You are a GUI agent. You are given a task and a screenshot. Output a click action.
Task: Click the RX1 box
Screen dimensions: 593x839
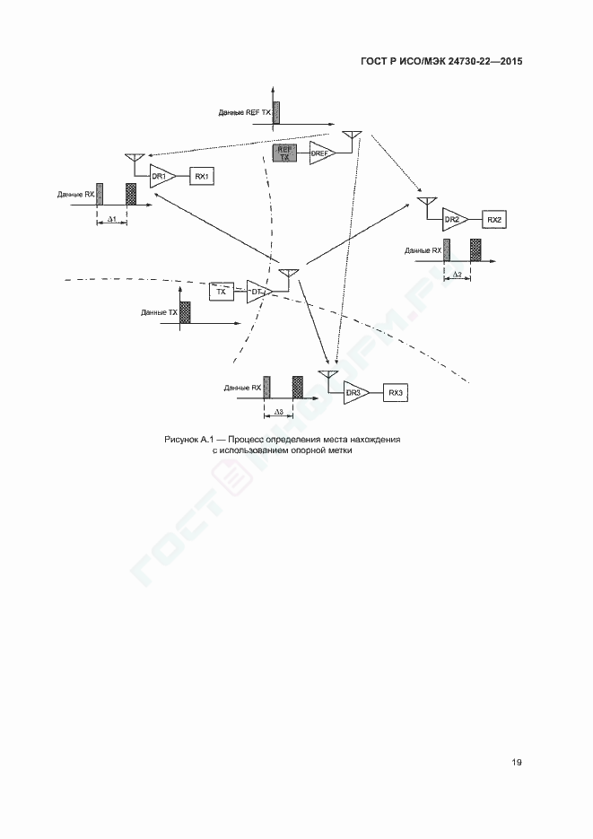pyautogui.click(x=202, y=176)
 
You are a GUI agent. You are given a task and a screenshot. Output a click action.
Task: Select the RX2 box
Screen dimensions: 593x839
pyautogui.click(x=494, y=219)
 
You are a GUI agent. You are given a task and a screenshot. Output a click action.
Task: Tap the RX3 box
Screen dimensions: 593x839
pyautogui.click(x=396, y=393)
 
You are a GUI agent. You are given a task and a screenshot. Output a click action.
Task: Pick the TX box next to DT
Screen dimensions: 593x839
pyautogui.click(x=222, y=293)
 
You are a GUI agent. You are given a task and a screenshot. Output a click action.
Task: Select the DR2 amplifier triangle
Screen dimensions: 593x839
pyautogui.click(x=455, y=219)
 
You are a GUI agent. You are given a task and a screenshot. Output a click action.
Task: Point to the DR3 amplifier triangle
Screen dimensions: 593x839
pyautogui.click(x=355, y=393)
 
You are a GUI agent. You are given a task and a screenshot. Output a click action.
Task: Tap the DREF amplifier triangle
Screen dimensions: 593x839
pyautogui.click(x=322, y=153)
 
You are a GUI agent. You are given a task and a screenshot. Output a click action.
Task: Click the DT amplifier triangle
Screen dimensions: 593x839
pyautogui.click(x=258, y=292)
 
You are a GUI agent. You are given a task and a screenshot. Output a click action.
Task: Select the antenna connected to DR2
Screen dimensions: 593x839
pyautogui.click(x=427, y=205)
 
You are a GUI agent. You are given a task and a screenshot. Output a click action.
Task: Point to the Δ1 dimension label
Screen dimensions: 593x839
pyautogui.click(x=112, y=219)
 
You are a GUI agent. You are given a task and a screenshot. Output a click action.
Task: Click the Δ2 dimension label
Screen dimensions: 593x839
pyautogui.click(x=458, y=275)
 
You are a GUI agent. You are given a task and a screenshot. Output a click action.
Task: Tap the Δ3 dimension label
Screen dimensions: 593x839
pyautogui.click(x=279, y=412)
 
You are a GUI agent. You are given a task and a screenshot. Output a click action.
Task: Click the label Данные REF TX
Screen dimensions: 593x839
pyautogui.click(x=245, y=113)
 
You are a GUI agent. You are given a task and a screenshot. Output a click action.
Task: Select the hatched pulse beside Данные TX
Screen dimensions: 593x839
pyautogui.click(x=185, y=311)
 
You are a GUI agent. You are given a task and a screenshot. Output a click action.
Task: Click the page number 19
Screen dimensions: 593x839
pyautogui.click(x=517, y=762)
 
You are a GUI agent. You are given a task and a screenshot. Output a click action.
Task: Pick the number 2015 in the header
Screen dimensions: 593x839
pyautogui.click(x=511, y=61)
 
